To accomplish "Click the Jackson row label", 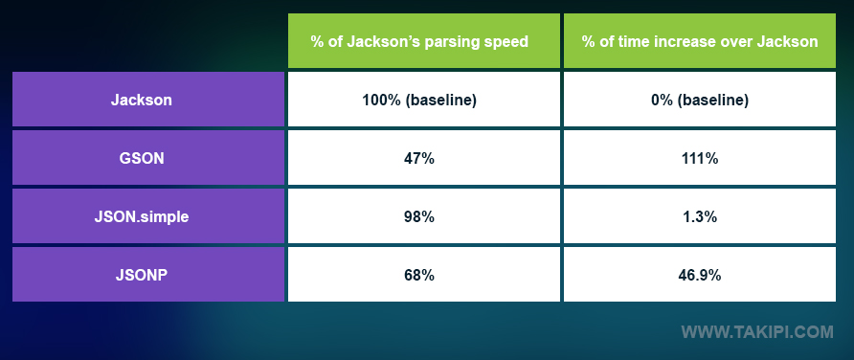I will point(148,100).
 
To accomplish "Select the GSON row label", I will point(148,158).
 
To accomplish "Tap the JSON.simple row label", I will point(148,216).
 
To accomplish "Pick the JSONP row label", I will point(148,275).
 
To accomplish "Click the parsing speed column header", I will point(419,41).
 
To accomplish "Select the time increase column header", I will point(700,41).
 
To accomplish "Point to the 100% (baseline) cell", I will point(419,100).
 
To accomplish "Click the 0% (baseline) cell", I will point(700,100).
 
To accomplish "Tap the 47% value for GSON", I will point(419,158).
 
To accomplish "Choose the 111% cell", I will point(700,158).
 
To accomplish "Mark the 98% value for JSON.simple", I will point(419,216).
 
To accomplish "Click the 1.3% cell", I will point(700,216).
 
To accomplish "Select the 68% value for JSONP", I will point(419,275).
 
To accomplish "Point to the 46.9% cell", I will point(700,275).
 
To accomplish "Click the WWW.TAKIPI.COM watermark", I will point(757,333).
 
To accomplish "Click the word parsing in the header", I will point(457,42).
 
